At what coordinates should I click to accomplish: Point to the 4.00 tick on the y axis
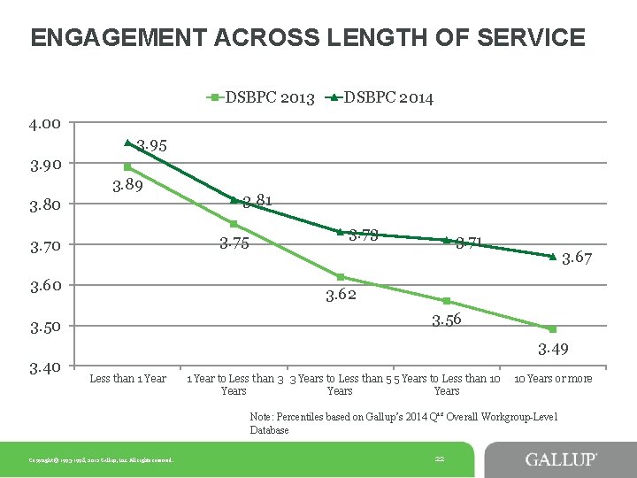[x=43, y=123]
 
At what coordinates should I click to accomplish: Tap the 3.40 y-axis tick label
[x=43, y=366]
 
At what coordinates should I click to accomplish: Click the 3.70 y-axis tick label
[x=43, y=245]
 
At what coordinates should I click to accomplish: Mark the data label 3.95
[x=151, y=145]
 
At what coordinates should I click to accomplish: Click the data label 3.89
[x=129, y=185]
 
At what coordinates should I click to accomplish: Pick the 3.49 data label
[x=553, y=349]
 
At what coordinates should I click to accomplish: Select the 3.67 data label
[x=577, y=258]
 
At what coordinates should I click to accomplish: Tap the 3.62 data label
[x=341, y=295]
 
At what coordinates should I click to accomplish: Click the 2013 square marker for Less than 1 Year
[x=127, y=166]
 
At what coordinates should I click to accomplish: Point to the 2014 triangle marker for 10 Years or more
[x=552, y=257]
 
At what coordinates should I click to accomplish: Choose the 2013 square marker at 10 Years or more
[x=552, y=329]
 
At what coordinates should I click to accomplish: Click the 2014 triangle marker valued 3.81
[x=234, y=199]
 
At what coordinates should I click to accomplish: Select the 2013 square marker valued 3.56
[x=447, y=301]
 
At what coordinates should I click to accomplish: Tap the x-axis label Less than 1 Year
[x=127, y=379]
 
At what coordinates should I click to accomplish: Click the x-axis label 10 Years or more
[x=553, y=379]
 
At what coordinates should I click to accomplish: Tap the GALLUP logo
[x=561, y=459]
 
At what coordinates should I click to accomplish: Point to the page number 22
[x=440, y=458]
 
